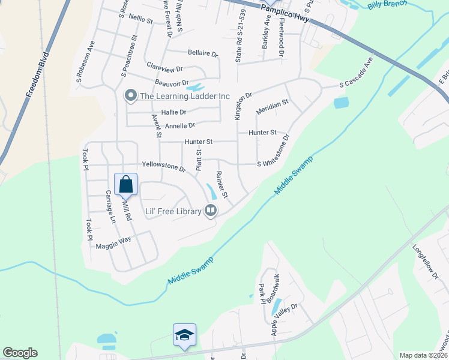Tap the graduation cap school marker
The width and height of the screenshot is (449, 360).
185,335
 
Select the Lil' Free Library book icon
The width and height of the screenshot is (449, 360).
211,211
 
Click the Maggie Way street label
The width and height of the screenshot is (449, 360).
113,241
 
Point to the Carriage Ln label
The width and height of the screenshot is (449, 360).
110,206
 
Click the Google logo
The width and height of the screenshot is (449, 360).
20,353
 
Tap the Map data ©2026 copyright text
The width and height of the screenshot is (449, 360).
423,355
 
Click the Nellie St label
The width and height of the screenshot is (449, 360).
141,19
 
